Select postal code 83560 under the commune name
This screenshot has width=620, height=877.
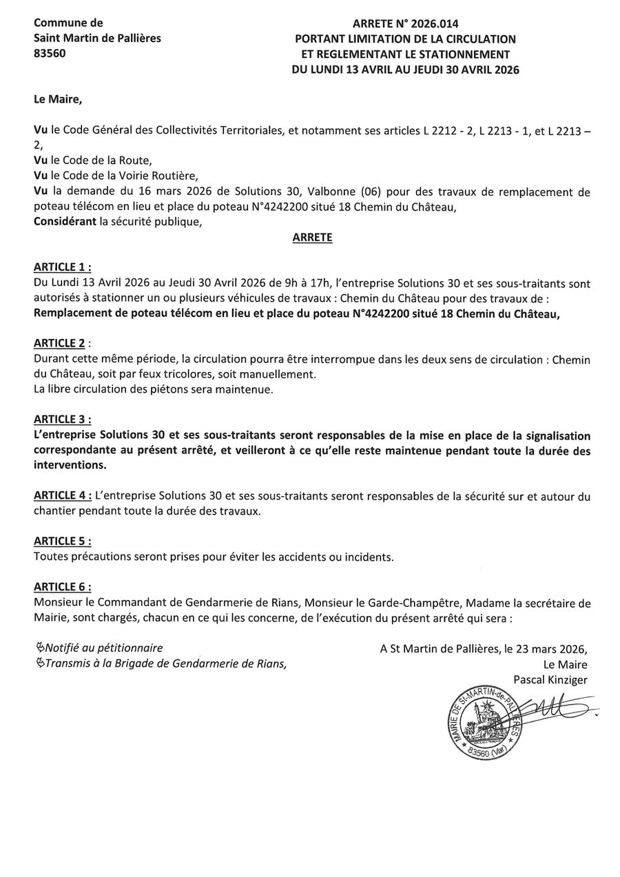(50, 54)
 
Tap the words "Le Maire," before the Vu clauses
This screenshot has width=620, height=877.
(58, 99)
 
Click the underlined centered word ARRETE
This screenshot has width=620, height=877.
(312, 238)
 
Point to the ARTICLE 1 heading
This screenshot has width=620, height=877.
(62, 267)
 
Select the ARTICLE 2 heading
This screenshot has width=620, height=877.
(61, 343)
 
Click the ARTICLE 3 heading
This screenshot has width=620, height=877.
(62, 419)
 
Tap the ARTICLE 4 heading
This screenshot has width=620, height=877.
(62, 496)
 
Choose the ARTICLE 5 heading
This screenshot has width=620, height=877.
(62, 541)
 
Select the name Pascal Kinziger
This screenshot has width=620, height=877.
(550, 680)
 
